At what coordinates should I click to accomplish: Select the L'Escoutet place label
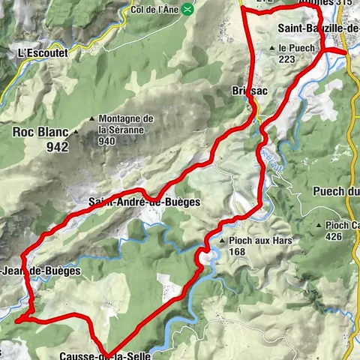(x=37, y=55)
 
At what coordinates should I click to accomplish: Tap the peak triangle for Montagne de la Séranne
(x=92, y=118)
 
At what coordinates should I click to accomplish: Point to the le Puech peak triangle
(x=272, y=48)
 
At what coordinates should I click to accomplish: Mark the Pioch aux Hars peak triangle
(x=222, y=241)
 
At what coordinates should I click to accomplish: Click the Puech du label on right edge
(x=337, y=190)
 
